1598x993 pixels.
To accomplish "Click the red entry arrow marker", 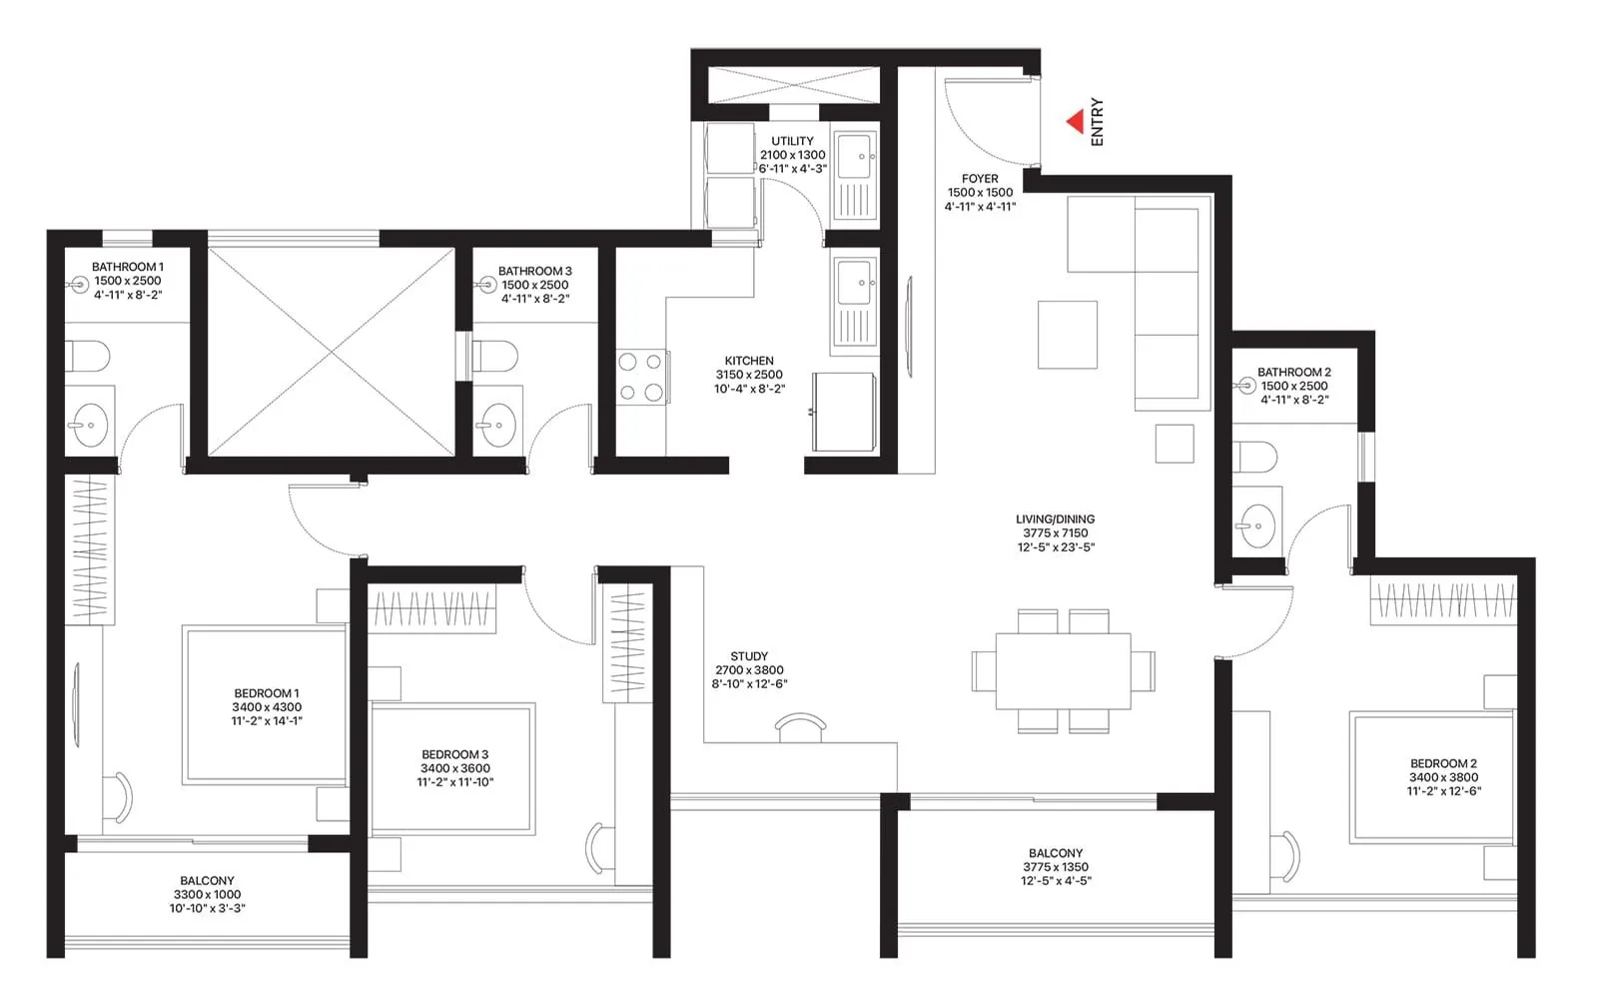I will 1076,122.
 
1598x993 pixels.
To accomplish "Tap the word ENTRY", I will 1098,122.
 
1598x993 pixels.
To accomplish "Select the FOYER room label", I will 980,179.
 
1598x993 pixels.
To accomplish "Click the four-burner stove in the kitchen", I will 641,377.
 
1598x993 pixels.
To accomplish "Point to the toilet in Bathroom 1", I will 88,357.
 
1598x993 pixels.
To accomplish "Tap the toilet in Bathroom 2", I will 1255,458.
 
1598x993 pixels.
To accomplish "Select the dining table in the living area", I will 1064,671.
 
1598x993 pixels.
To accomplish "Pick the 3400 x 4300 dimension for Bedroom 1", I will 267,707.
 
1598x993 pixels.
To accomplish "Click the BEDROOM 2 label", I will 1443,763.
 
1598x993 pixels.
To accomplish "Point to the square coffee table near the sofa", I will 1067,335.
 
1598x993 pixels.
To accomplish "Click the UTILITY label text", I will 792,141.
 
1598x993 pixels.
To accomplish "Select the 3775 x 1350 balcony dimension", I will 1056,867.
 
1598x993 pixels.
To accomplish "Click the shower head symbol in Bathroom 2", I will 1246,386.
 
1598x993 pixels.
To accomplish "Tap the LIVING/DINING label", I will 1055,519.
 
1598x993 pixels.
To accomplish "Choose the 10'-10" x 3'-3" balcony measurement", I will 207,908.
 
